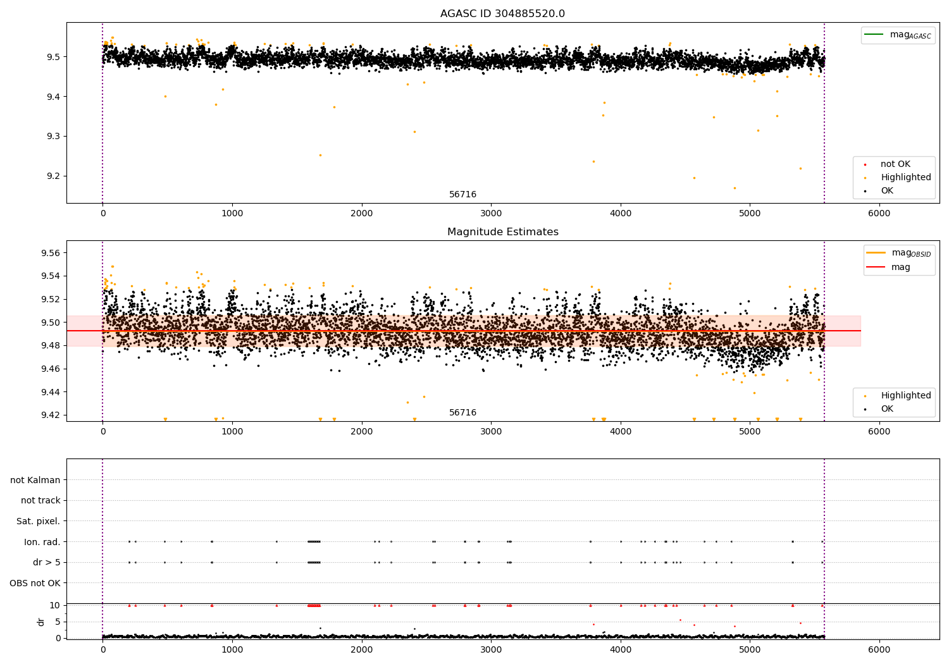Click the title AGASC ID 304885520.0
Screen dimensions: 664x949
click(502, 14)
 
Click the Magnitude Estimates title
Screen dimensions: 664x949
click(502, 232)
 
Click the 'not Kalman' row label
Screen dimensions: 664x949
click(35, 480)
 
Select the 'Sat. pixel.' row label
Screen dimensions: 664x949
click(38, 522)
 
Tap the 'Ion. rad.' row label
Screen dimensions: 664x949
click(42, 542)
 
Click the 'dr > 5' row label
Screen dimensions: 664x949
click(46, 563)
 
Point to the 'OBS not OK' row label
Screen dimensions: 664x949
click(35, 583)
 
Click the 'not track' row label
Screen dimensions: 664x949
click(40, 501)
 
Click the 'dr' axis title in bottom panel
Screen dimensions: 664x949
click(41, 622)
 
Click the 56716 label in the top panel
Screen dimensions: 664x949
click(462, 195)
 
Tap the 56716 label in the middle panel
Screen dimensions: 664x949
click(462, 413)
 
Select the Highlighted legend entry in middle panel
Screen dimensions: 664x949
click(905, 396)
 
